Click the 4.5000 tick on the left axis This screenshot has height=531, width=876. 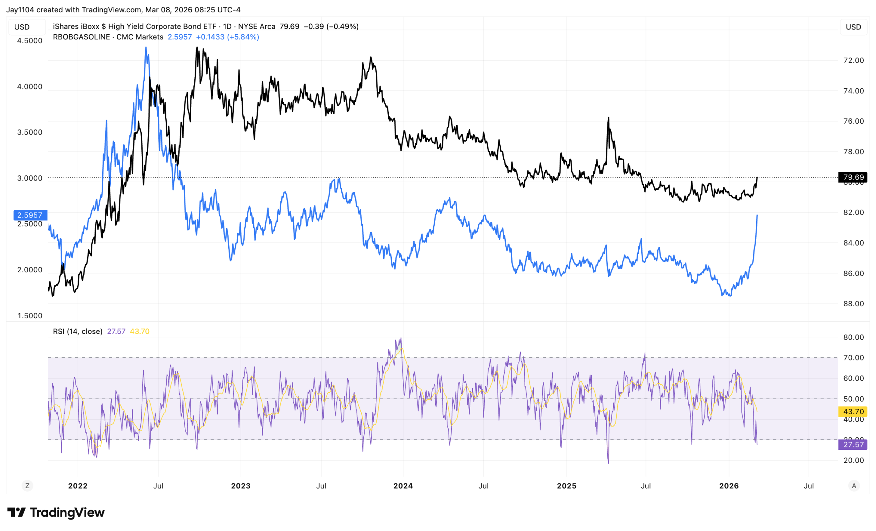click(30, 40)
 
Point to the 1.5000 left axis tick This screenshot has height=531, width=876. click(30, 316)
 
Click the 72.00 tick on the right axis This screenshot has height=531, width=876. click(853, 61)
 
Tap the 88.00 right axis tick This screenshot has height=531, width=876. click(853, 304)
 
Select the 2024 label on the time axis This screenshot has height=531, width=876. click(403, 486)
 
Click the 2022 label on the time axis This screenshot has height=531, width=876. click(78, 486)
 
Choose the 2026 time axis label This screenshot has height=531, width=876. click(729, 486)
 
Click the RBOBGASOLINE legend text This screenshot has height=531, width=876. click(81, 37)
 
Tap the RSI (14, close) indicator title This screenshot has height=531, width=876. click(77, 331)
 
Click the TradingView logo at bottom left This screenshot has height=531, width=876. click(56, 513)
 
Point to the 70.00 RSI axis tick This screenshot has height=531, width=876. click(853, 358)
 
